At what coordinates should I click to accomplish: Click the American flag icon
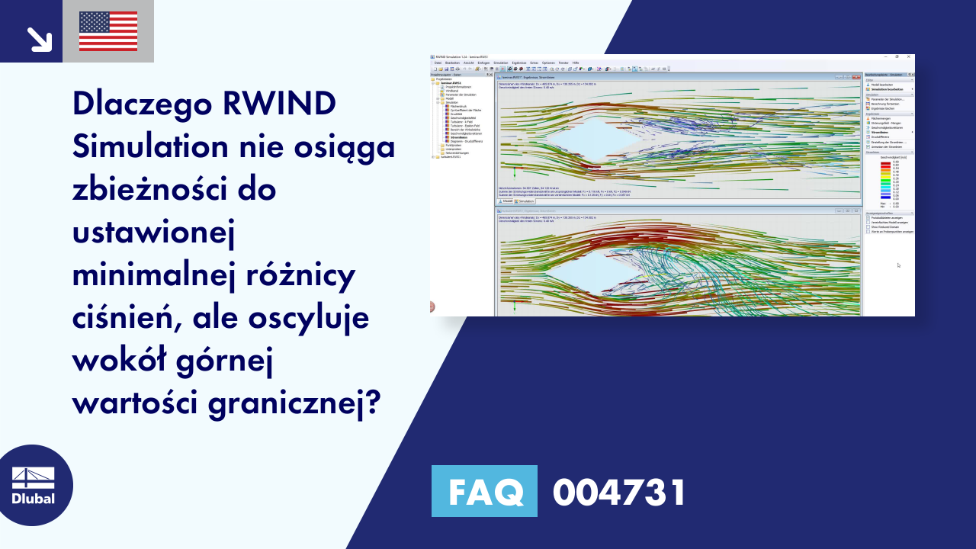tap(108, 31)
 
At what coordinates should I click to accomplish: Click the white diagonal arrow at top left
tap(38, 39)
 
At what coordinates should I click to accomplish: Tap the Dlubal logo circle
tap(33, 486)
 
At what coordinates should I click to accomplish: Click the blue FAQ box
tap(484, 492)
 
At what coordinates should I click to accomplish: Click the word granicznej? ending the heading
tap(294, 402)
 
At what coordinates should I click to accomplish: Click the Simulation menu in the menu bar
tap(500, 63)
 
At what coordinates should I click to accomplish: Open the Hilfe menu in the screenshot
tap(576, 63)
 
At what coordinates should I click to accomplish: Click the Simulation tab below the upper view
tap(525, 201)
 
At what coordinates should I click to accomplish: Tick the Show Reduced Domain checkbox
tap(868, 226)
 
